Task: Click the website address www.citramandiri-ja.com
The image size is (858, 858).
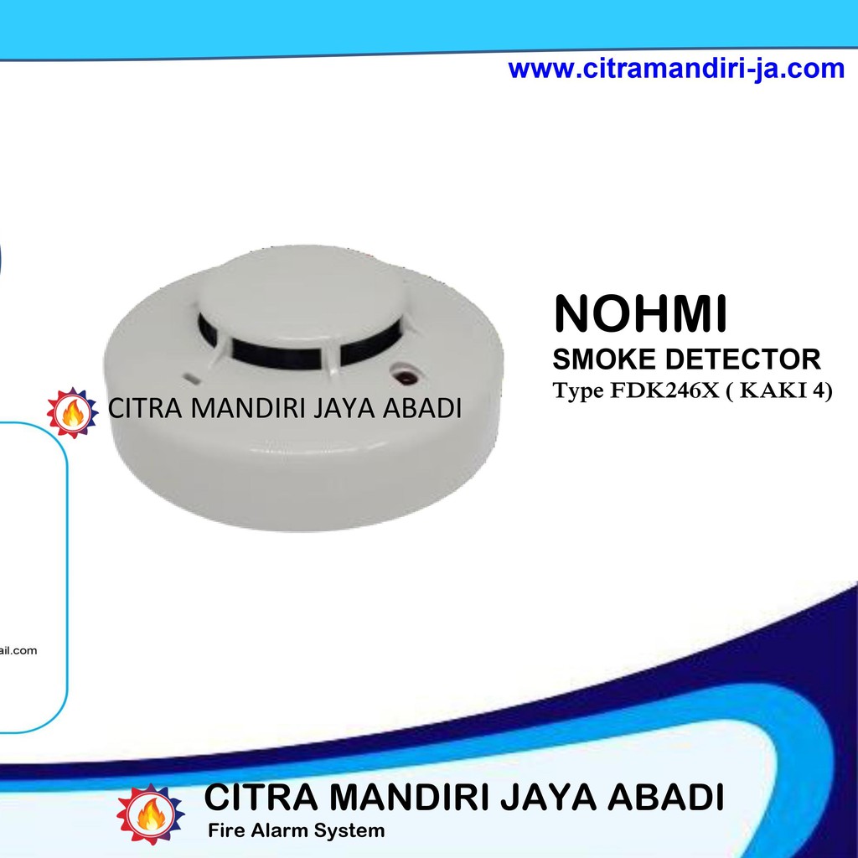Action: [676, 69]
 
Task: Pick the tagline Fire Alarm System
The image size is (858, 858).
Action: [296, 831]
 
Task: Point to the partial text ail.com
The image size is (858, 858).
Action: [18, 650]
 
